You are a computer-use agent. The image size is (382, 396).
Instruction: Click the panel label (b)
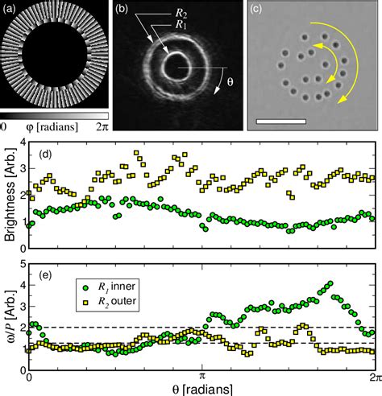(x=121, y=11)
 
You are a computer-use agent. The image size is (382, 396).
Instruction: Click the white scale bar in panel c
(x=280, y=122)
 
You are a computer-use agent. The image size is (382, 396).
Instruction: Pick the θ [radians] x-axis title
(x=202, y=387)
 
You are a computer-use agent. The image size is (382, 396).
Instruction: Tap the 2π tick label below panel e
(x=372, y=374)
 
